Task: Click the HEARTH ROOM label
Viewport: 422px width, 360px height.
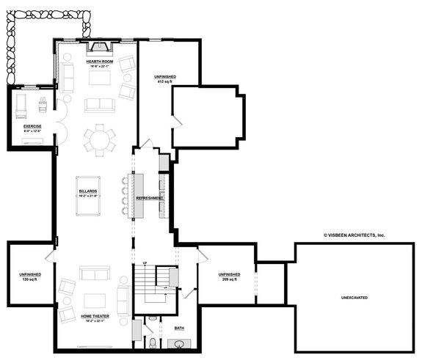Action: point(98,62)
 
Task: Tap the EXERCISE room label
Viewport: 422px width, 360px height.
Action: point(32,126)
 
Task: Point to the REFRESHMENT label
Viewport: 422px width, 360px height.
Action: point(149,198)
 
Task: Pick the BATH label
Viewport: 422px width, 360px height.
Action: point(180,328)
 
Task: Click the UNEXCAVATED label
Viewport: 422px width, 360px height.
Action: point(354,298)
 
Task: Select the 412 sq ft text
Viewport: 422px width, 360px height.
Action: point(164,81)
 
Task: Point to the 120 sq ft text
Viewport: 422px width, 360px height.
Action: point(30,280)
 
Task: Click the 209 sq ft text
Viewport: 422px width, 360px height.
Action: point(228,279)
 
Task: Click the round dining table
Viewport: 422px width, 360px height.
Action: point(98,139)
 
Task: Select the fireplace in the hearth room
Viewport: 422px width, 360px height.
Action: point(98,48)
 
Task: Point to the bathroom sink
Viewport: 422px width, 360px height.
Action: point(178,344)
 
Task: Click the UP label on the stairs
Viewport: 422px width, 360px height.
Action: point(145,262)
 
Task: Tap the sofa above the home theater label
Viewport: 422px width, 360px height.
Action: point(95,274)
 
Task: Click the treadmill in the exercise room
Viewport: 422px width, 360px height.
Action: point(21,105)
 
